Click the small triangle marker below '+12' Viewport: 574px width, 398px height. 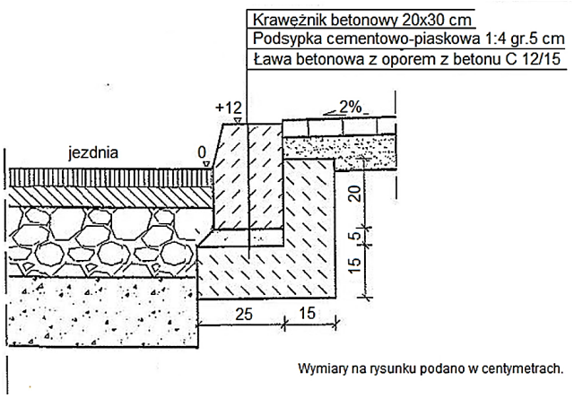click(x=236, y=121)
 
